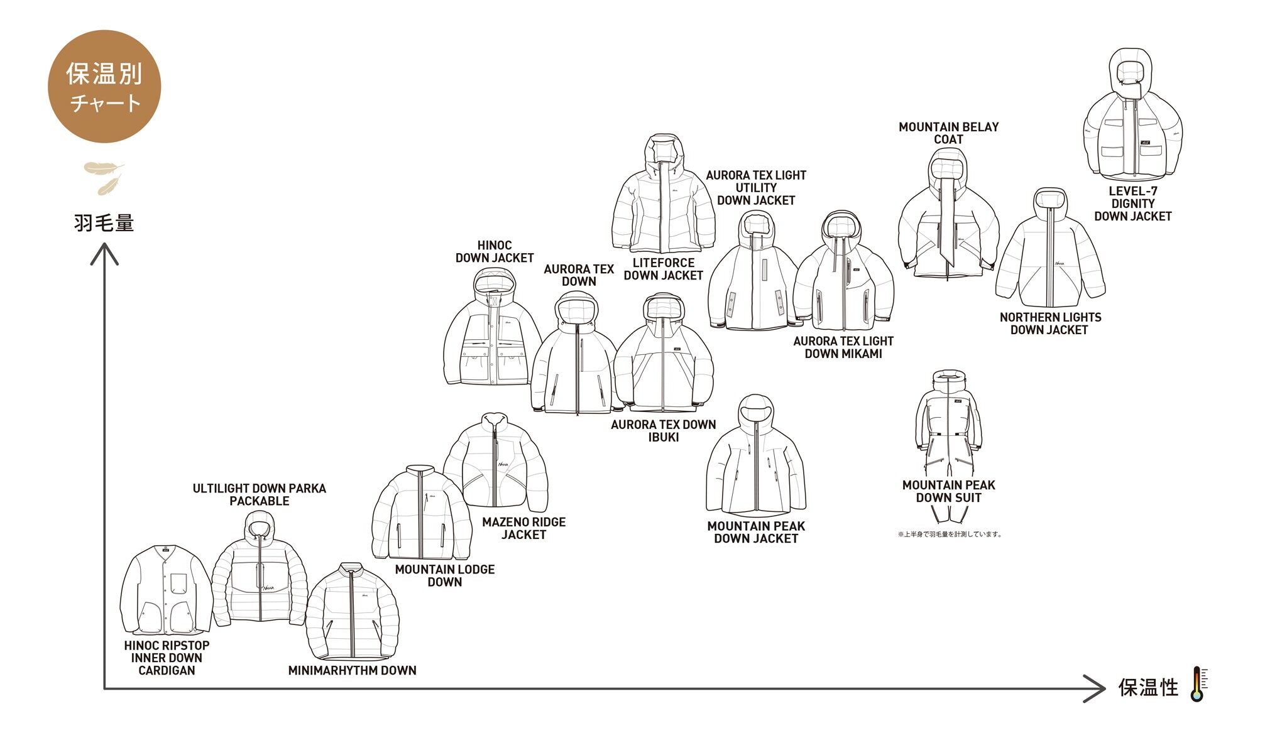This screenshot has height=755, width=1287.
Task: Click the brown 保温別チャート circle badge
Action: [104, 87]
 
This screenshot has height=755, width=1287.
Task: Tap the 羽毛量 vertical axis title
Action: [104, 223]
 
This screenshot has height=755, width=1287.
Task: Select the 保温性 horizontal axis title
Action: [1147, 687]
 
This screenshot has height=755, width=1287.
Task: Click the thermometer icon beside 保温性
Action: [1198, 684]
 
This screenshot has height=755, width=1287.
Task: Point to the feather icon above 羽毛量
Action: [104, 177]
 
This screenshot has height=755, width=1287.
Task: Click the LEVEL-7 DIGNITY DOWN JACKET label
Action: [1132, 204]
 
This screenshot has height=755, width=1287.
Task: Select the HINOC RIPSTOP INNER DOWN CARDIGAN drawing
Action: [166, 590]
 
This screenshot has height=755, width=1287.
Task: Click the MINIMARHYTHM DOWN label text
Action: [352, 670]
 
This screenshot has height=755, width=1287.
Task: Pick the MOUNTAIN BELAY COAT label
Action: [948, 133]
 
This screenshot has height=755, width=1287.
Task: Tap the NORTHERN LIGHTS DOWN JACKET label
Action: [1049, 323]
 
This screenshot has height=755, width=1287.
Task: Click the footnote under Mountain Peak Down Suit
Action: [949, 535]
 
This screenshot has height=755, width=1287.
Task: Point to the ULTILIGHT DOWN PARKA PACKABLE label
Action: [259, 494]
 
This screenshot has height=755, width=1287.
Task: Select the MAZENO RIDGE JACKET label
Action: [523, 528]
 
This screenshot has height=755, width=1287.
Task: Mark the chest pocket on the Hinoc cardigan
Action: [178, 582]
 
